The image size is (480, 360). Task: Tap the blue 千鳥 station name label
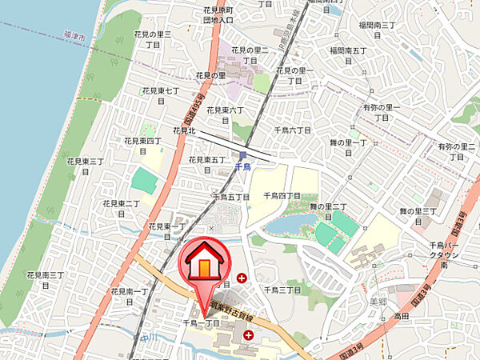243,167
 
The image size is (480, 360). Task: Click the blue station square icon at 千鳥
243,155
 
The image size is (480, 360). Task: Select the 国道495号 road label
193,113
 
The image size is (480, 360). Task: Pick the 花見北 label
184,130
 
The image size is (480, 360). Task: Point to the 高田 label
401,317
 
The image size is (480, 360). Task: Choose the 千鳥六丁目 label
293,130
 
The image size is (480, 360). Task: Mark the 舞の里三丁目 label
418,216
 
